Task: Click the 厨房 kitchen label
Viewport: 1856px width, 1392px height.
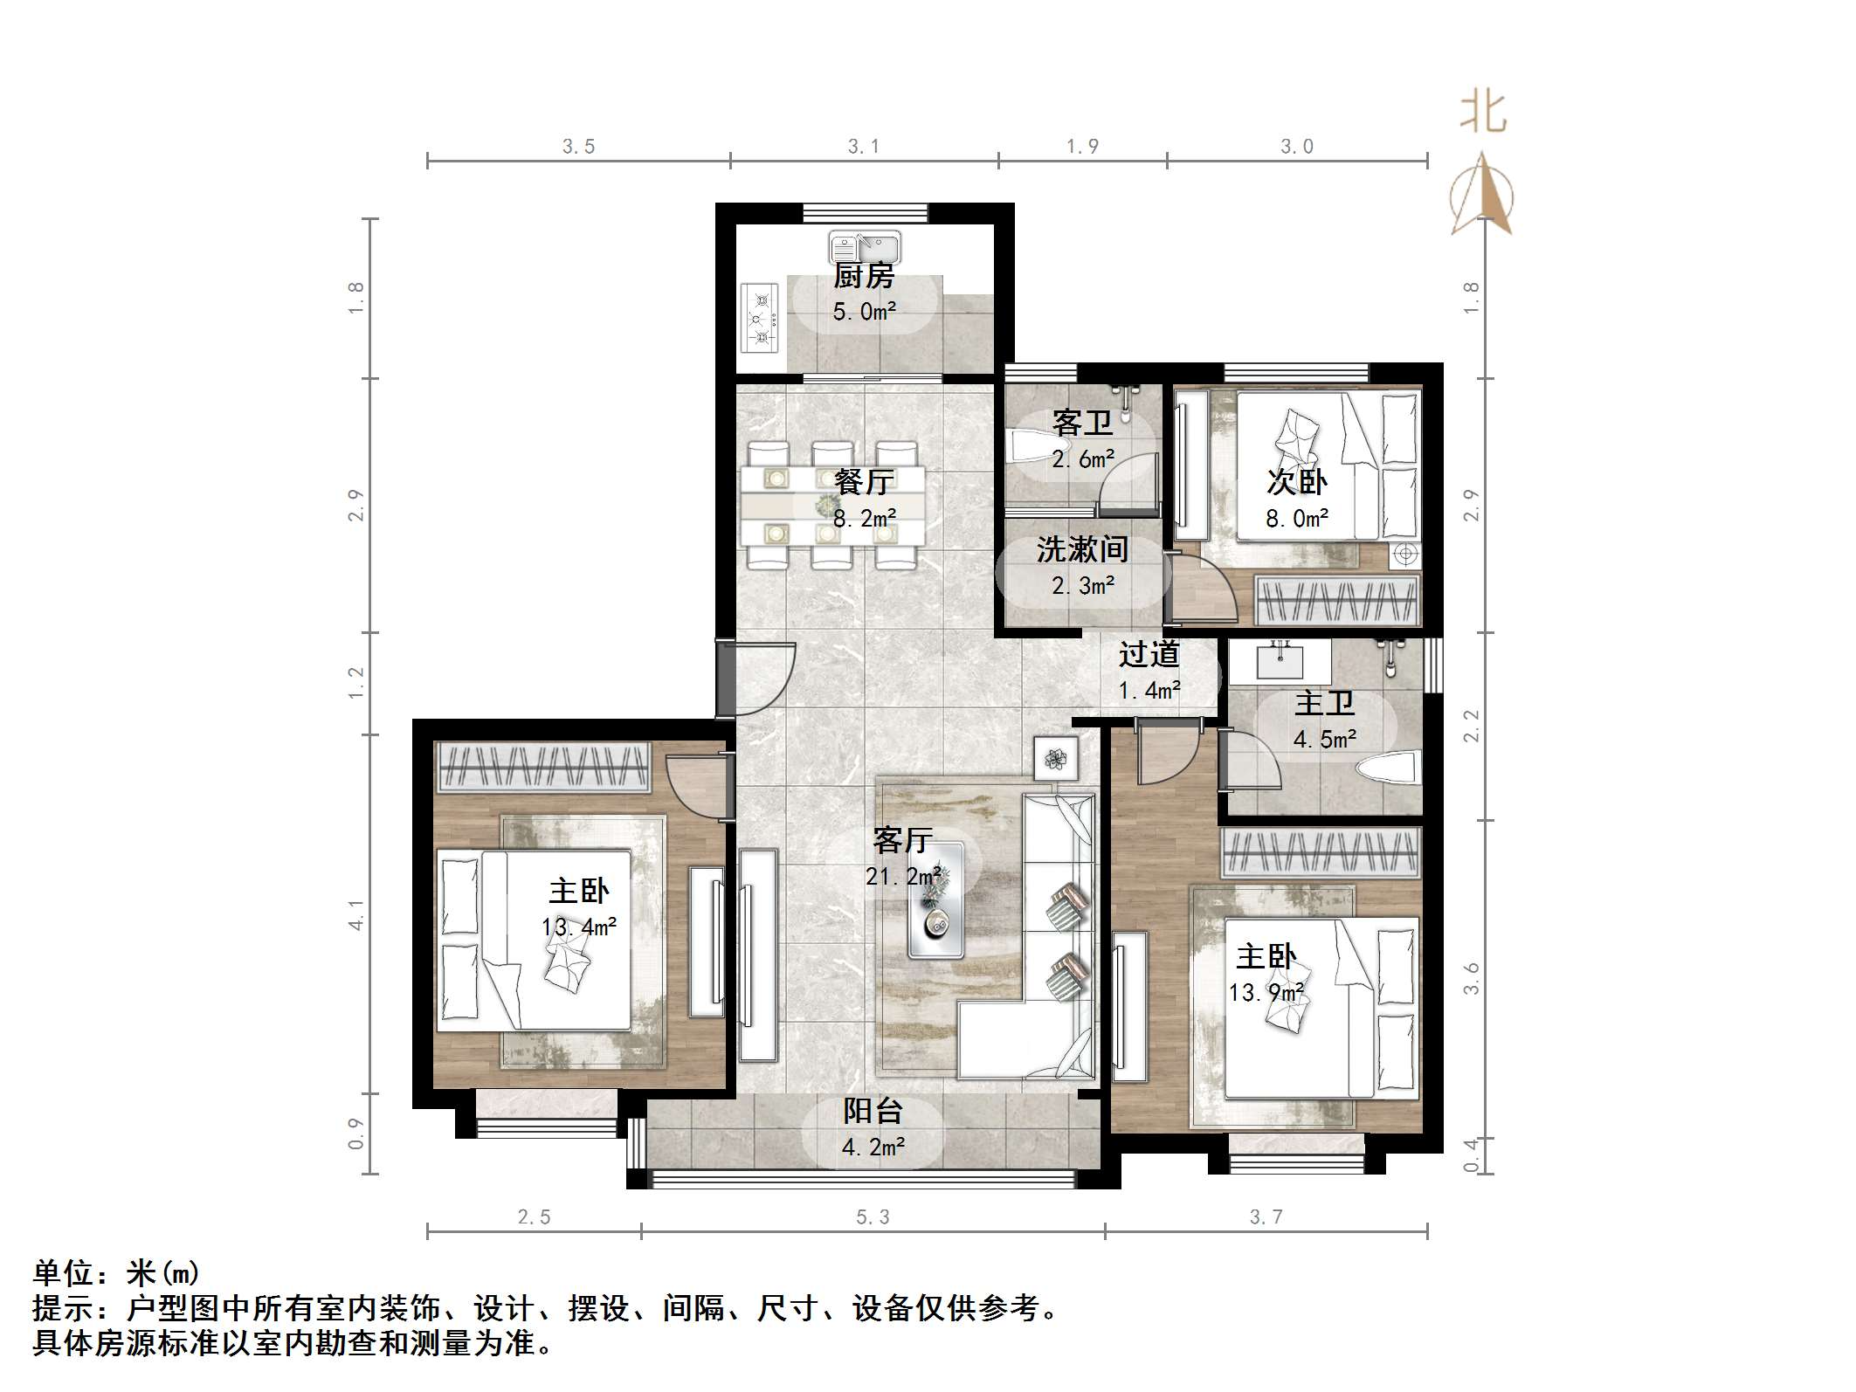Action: (x=863, y=277)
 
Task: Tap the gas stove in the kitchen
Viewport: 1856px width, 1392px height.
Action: (x=760, y=318)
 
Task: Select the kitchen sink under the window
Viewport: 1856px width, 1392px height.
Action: (x=865, y=247)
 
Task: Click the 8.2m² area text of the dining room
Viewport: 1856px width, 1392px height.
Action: (x=864, y=519)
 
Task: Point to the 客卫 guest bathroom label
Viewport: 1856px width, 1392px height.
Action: (x=1082, y=424)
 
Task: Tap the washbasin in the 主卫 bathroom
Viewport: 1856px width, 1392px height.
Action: (x=1280, y=661)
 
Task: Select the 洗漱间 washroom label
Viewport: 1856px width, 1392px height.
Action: (x=1082, y=549)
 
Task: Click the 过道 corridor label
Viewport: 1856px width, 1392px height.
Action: (x=1149, y=654)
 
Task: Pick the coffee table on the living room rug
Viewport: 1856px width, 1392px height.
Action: (x=936, y=900)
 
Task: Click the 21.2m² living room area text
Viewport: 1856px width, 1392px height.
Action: (x=903, y=876)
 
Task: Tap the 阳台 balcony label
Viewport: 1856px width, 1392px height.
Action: (x=873, y=1111)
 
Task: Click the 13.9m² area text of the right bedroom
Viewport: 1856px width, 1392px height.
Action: (x=1266, y=993)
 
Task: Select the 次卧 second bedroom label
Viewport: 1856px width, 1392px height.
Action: (x=1296, y=482)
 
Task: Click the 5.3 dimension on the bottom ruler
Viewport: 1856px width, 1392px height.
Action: (x=873, y=1217)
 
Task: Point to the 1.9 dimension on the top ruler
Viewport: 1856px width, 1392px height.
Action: (x=1082, y=147)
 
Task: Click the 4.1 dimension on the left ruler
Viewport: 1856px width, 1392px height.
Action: (x=356, y=914)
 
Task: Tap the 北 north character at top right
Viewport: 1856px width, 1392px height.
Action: (x=1483, y=113)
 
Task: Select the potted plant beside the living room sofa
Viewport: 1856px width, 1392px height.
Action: (x=1055, y=758)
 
